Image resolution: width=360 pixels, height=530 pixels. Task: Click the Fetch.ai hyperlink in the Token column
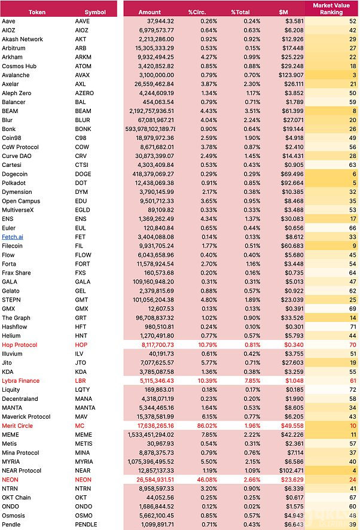pyautogui.click(x=13, y=237)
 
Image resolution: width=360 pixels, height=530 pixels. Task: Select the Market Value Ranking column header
pyautogui.click(x=331, y=9)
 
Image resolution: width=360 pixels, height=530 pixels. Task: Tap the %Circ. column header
pyautogui.click(x=197, y=12)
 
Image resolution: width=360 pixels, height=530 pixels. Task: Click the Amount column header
pyautogui.click(x=150, y=12)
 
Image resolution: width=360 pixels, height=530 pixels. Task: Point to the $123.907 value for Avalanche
pyautogui.click(x=291, y=75)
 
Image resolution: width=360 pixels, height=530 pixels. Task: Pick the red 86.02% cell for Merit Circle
pyautogui.click(x=207, y=426)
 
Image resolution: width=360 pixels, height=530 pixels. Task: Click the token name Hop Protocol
pyautogui.click(x=20, y=345)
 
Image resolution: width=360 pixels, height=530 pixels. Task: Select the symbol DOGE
pyautogui.click(x=83, y=174)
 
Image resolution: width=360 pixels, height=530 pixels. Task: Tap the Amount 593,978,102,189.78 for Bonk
pyautogui.click(x=150, y=129)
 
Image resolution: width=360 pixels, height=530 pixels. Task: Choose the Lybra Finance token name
pyautogui.click(x=20, y=381)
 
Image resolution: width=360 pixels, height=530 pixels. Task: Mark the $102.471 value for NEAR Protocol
pyautogui.click(x=291, y=471)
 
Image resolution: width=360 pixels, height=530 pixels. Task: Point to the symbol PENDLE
pyautogui.click(x=86, y=525)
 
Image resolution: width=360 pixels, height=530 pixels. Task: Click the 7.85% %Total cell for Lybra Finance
pyautogui.click(x=252, y=381)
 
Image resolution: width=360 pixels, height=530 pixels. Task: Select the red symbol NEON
pyautogui.click(x=83, y=480)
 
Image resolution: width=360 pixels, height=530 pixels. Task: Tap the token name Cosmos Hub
pyautogui.click(x=19, y=66)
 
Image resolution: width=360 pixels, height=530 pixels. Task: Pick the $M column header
pyautogui.click(x=283, y=12)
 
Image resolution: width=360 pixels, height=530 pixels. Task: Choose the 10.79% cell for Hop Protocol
pyautogui.click(x=208, y=345)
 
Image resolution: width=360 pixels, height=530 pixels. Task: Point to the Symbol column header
pyautogui.click(x=95, y=12)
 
